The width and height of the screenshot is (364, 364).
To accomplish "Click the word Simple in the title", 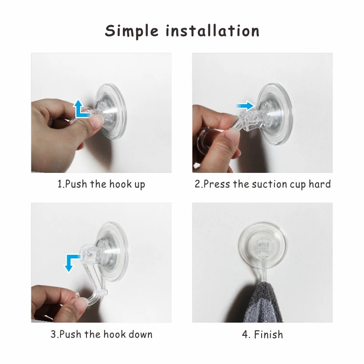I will pos(131,31).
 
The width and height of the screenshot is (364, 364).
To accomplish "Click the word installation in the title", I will pos(212,31).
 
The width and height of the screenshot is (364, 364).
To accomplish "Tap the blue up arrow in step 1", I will pos(81,109).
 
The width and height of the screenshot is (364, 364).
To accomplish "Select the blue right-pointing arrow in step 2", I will pos(245,106).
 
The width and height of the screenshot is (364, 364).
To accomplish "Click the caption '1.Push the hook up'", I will pos(101,184).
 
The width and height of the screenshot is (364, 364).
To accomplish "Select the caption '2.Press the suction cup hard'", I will pos(262,184).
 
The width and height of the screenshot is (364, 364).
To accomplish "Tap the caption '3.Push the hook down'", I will pos(101,334).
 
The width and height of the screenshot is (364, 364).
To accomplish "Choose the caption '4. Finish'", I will pos(262,334).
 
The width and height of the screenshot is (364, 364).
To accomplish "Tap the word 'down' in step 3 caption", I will pos(140,334).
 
